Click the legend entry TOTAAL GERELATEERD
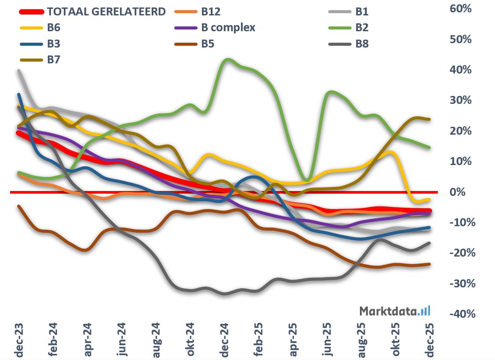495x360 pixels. point(106,11)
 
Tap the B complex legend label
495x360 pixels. point(228,28)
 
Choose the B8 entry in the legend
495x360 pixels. point(362,44)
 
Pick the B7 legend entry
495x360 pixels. point(53,60)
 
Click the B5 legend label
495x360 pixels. point(208,44)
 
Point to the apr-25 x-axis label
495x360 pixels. point(292,339)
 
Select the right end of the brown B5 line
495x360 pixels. point(429,264)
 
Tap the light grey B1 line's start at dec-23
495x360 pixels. point(19,70)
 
